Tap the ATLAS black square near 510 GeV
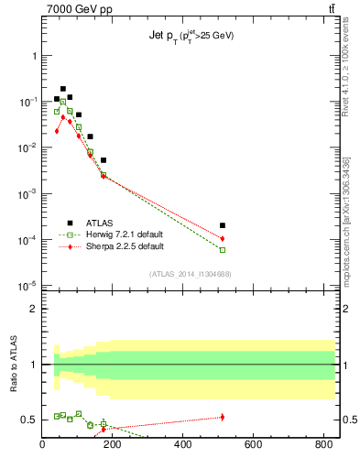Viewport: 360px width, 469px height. pos(223,225)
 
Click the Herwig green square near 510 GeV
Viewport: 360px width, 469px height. pos(223,249)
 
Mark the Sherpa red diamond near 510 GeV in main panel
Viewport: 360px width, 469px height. pos(223,238)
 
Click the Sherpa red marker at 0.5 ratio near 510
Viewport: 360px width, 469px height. pos(223,417)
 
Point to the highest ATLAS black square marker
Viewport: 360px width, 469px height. pos(63,89)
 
